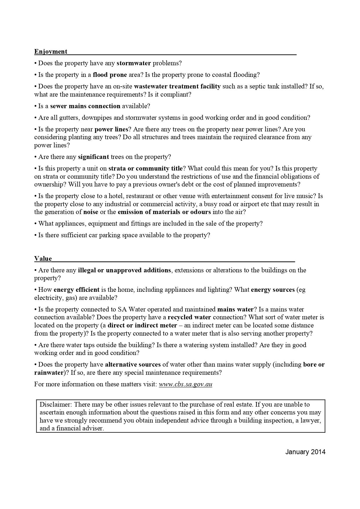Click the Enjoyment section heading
[51, 52]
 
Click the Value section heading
[43, 259]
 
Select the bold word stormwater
[134, 63]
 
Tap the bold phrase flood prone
[110, 75]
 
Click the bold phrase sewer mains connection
[85, 106]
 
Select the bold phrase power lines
[111, 129]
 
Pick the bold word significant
[93, 157]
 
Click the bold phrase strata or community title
[145, 169]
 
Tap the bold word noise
[91, 212]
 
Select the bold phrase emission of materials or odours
[164, 212]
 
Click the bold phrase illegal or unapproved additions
[124, 270]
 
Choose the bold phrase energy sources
[273, 290]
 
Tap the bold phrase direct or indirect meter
[142, 325]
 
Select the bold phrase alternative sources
[133, 365]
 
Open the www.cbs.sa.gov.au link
[185, 384]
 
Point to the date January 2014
[305, 452]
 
